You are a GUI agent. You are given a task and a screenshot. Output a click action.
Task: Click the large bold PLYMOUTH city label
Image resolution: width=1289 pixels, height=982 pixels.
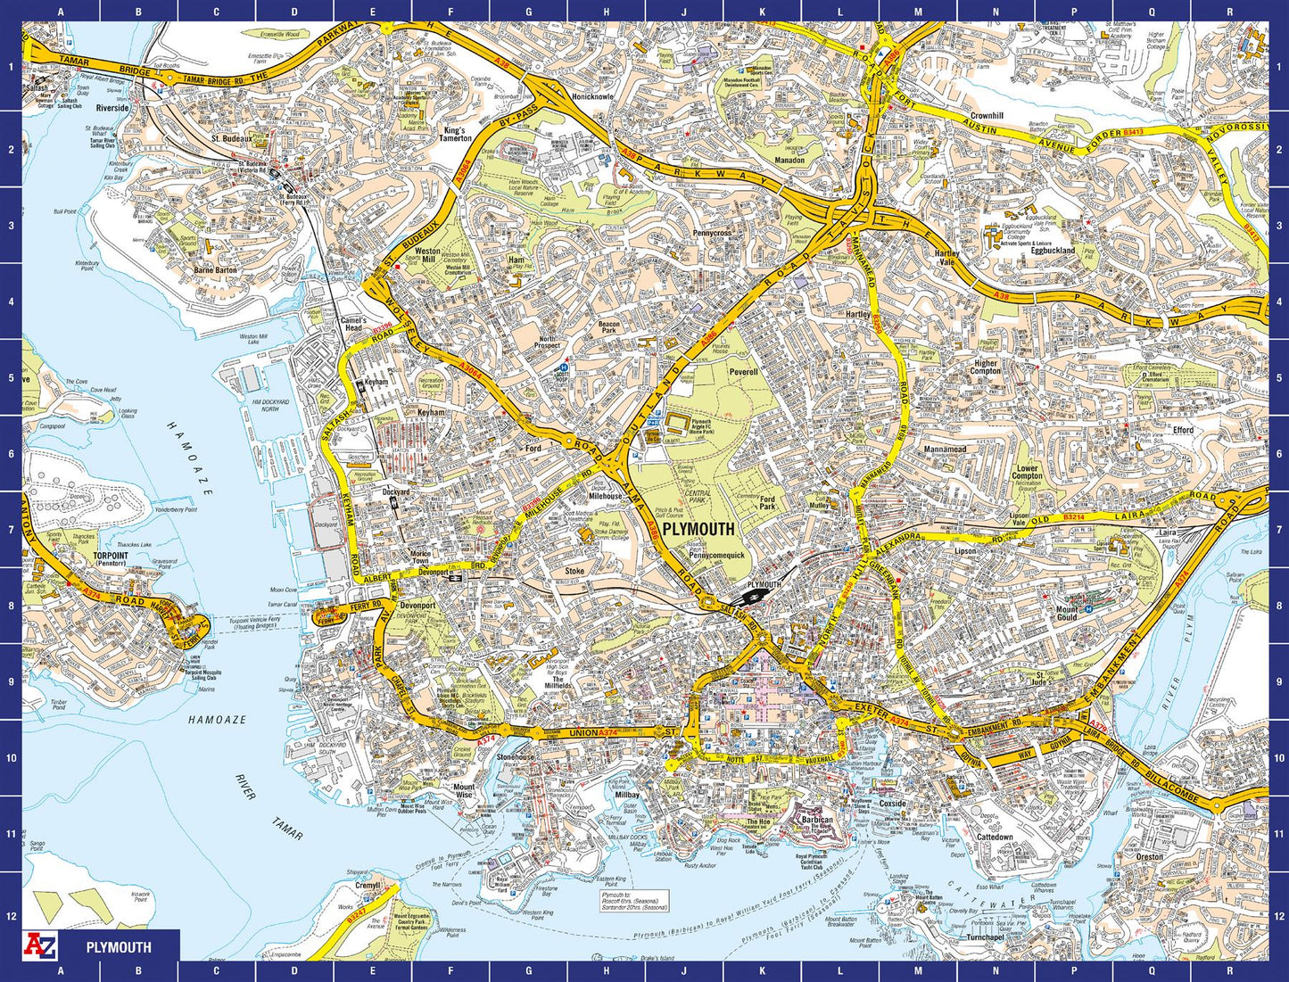(x=698, y=529)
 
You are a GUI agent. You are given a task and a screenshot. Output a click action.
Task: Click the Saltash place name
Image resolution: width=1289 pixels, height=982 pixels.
(x=37, y=89)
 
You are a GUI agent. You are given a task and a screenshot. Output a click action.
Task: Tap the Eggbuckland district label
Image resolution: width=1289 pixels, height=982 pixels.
(x=1053, y=251)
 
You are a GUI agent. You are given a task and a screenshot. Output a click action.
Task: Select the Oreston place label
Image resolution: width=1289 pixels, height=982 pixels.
(x=1149, y=857)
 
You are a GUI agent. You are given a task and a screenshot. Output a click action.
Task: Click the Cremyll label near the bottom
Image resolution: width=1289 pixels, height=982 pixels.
(x=368, y=886)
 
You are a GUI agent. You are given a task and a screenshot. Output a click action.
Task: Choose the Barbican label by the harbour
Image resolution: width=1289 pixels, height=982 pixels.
(x=817, y=820)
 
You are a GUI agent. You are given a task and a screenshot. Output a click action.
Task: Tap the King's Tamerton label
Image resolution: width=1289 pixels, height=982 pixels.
(x=455, y=134)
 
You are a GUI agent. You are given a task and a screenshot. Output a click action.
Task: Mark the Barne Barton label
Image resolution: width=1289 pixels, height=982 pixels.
(x=215, y=269)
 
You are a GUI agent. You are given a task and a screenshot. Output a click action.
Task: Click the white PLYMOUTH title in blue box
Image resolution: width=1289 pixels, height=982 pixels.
(x=119, y=947)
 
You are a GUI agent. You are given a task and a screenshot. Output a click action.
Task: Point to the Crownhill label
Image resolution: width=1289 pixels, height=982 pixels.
(x=987, y=116)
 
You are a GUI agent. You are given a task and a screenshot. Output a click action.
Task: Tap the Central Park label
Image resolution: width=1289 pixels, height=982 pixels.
(x=698, y=496)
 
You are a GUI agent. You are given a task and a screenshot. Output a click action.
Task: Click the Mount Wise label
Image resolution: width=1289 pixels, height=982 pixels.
(x=464, y=791)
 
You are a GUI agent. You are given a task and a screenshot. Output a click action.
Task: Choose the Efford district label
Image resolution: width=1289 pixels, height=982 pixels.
(x=1183, y=430)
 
